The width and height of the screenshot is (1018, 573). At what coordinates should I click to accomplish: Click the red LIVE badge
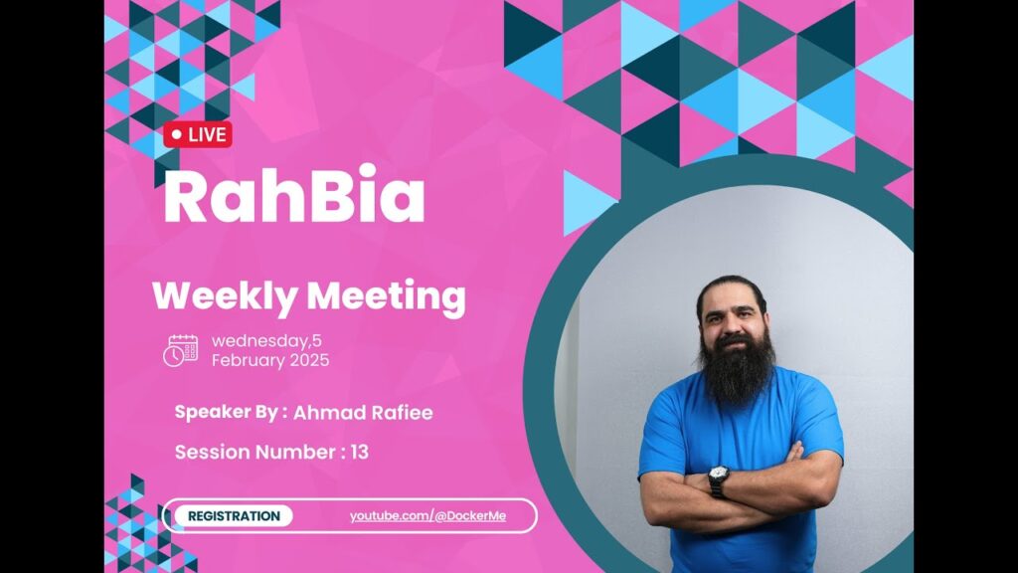(198, 134)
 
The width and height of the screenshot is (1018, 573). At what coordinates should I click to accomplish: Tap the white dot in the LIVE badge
(177, 135)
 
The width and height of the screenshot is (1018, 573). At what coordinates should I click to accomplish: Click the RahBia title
(294, 195)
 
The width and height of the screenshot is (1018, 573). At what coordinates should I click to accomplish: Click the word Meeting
(387, 296)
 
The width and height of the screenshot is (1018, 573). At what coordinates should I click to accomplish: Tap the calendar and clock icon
(181, 351)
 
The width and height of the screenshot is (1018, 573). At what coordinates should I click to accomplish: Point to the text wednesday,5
(266, 341)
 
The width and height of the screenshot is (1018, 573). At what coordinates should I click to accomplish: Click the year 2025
(309, 360)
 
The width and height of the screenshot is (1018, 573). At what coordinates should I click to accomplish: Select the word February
(249, 360)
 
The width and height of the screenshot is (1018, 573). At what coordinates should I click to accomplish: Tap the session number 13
(360, 453)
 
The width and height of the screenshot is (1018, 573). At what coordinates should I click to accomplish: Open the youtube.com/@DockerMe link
(427, 516)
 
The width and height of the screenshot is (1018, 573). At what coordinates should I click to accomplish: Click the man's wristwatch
(718, 479)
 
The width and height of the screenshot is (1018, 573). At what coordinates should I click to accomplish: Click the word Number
(294, 453)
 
